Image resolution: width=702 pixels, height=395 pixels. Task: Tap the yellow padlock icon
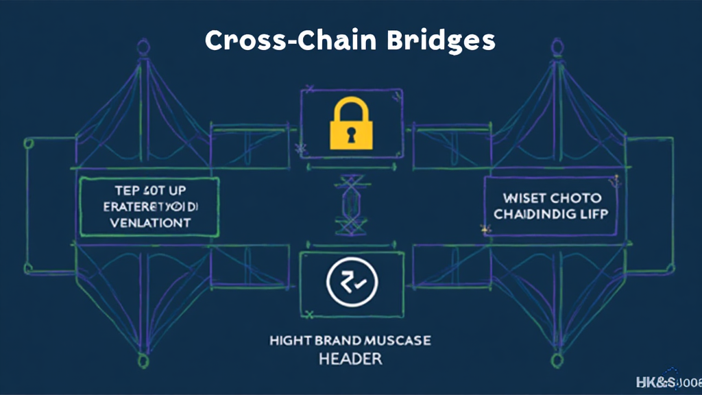click(x=352, y=123)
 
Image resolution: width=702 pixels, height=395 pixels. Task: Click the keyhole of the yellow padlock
click(x=352, y=132)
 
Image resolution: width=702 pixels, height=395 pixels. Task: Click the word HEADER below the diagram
click(x=350, y=359)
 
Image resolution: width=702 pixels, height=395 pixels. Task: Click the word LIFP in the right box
click(x=594, y=214)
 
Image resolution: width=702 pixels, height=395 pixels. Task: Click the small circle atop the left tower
click(x=143, y=47)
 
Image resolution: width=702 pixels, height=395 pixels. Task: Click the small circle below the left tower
click(x=143, y=360)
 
